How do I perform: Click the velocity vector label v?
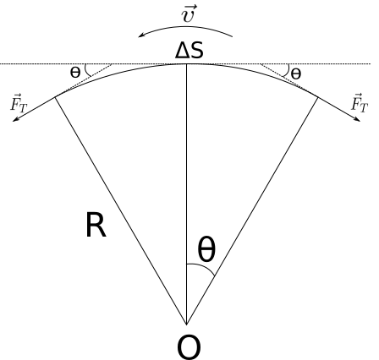(188, 14)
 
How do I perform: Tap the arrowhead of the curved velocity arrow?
(141, 35)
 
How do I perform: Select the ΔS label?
(189, 51)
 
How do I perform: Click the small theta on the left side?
(75, 73)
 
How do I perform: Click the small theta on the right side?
(296, 74)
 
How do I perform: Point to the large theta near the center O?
(206, 249)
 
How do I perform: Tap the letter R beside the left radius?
(96, 226)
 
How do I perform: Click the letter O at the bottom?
(189, 347)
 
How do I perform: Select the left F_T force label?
(19, 103)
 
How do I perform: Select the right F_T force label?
(360, 103)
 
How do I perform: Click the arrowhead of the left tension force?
(15, 120)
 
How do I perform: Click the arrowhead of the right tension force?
(357, 119)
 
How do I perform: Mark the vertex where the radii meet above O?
(186, 325)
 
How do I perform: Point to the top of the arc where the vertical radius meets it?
(186, 64)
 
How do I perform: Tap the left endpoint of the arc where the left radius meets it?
(55, 97)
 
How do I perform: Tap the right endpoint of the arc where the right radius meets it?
(318, 97)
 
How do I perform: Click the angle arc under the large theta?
(203, 266)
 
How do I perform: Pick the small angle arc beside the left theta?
(87, 70)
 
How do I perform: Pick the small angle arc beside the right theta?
(287, 70)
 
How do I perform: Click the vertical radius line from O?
(186, 194)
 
